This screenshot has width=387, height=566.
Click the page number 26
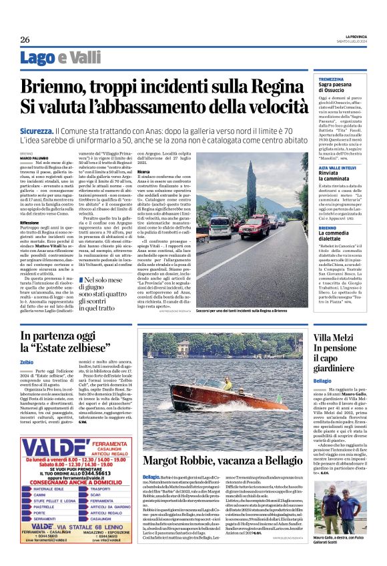(24, 39)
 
